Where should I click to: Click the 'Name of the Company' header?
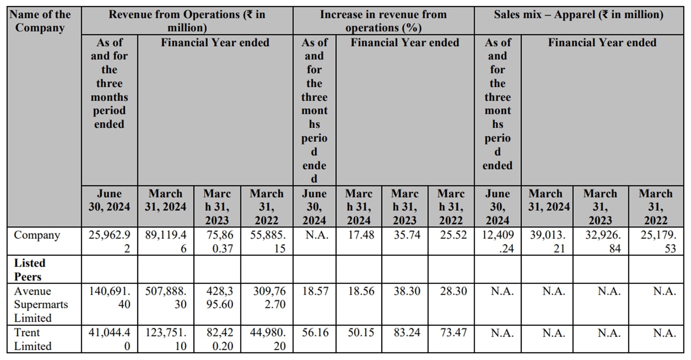tap(40, 21)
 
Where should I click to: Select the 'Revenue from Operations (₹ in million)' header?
tap(187, 21)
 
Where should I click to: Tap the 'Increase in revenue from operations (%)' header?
tap(383, 21)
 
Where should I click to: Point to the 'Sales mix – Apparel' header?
tap(578, 15)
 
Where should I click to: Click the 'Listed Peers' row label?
tap(29, 270)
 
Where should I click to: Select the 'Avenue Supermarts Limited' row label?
tap(41, 304)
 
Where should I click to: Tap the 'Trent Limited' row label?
tap(33, 339)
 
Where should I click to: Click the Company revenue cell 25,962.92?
tap(109, 242)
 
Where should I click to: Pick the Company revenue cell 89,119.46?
tap(165, 242)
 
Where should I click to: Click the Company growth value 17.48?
tap(361, 236)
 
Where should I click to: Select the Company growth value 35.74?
tap(406, 236)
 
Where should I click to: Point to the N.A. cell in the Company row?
tap(314, 236)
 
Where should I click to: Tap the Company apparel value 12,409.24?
tap(498, 242)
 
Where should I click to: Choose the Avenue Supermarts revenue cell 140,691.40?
tap(109, 298)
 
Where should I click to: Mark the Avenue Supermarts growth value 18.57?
tap(315, 291)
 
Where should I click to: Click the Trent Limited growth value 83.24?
tap(406, 333)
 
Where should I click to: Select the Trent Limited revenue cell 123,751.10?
tap(165, 339)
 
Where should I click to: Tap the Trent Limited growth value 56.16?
tap(315, 333)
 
